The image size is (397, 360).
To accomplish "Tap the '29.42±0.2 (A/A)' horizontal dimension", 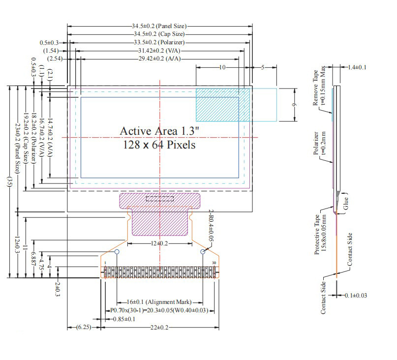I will point(159,59).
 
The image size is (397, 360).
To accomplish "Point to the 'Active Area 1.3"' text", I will point(159,131).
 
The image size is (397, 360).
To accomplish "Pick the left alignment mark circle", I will point(117,252).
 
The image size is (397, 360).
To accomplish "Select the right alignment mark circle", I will point(203,252).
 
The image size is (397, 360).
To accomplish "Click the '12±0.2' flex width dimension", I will point(159,243).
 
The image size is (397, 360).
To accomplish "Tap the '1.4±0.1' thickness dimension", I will point(356,67).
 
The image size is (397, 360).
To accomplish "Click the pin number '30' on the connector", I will point(214,263).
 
